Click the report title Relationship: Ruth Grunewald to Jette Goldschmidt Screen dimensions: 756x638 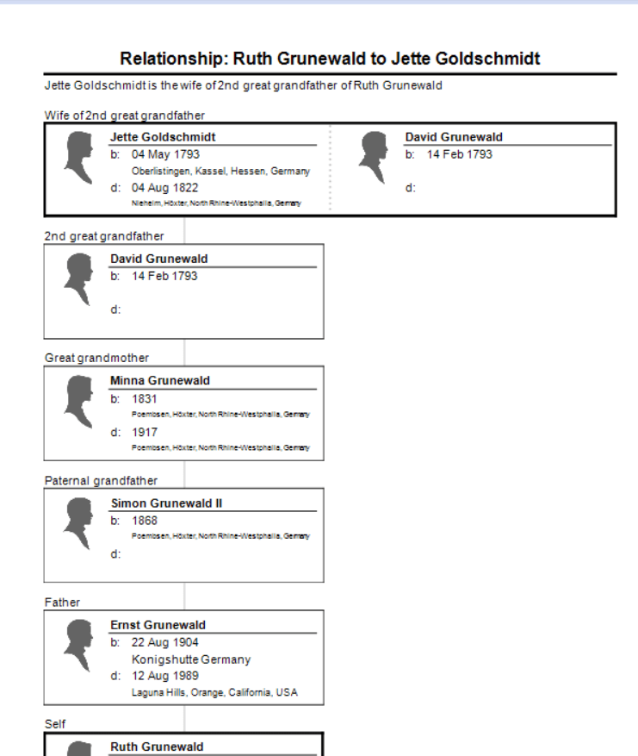330,59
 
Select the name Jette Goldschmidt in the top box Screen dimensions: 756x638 163,137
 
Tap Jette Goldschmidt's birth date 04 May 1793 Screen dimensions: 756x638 165,154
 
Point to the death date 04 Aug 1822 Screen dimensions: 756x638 165,187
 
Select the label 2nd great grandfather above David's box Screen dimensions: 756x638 104,236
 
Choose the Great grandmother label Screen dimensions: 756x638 96,358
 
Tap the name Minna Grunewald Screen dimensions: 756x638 160,380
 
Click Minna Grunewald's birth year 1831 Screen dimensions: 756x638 145,398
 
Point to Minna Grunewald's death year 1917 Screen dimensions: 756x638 145,432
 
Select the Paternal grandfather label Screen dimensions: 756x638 101,480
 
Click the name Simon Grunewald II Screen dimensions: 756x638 166,503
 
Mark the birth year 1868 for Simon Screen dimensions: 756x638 145,521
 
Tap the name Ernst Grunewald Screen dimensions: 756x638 158,625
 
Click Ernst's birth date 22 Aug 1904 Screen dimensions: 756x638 165,642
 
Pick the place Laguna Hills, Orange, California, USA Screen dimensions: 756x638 214,692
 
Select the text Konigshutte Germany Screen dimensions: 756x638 191,659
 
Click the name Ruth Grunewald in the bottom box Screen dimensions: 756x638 157,747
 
